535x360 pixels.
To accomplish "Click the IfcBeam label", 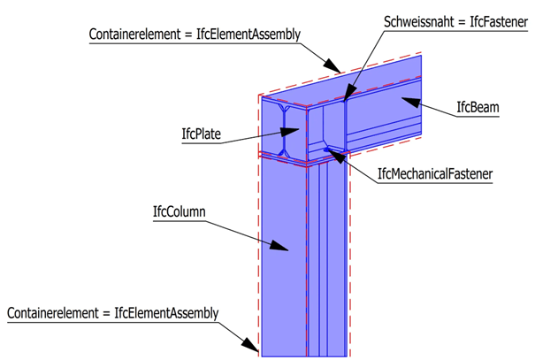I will pos(478,109).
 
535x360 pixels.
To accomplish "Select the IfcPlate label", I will pos(201,135).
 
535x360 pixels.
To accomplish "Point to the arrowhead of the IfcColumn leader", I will pos(287,250).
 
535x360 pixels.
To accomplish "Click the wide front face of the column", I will pos(283,265).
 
